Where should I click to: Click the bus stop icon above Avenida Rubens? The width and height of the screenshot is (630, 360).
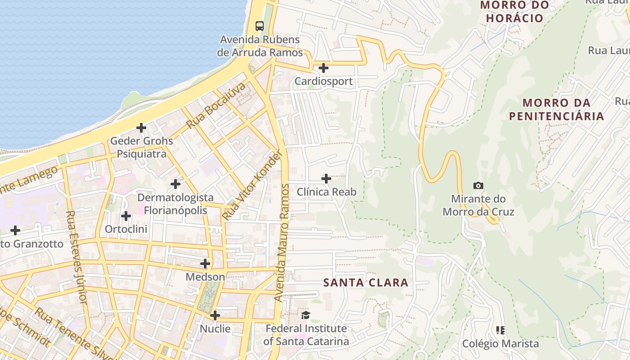coord(260,26)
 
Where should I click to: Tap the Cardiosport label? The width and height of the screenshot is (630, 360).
coord(323,81)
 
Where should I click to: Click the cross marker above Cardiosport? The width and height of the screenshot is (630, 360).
coord(323,68)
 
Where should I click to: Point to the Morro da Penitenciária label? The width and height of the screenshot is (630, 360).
coord(556,109)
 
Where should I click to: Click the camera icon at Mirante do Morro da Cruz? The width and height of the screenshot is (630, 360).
coord(478,185)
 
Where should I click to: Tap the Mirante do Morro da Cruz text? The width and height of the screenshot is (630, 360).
coord(478,205)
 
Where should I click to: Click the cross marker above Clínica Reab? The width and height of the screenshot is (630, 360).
coord(326,179)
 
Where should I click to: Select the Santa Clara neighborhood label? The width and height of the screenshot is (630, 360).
coord(366,283)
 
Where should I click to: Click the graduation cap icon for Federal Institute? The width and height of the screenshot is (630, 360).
coord(306,315)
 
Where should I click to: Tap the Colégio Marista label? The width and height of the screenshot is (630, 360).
coord(500,344)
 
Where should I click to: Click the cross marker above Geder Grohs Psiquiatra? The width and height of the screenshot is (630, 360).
coord(141,128)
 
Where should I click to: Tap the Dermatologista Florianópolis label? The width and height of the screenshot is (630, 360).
coord(175,204)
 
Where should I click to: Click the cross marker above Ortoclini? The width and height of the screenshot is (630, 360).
coord(126,216)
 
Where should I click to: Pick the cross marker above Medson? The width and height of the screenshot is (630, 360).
coord(205,264)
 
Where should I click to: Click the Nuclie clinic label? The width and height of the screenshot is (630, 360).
coord(215,328)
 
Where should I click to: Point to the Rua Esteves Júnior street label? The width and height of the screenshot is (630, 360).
coord(76,256)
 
